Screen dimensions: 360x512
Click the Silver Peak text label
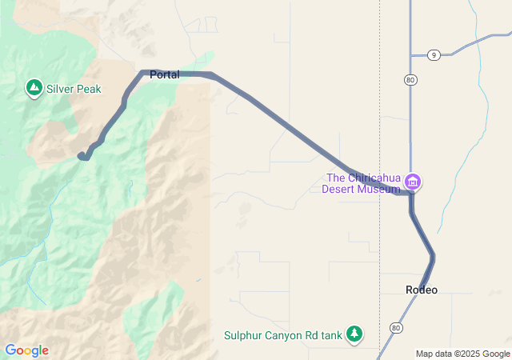point(74,89)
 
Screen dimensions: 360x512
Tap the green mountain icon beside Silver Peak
point(34,87)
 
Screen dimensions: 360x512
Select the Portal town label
point(164,74)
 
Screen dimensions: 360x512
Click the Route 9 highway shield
point(433,54)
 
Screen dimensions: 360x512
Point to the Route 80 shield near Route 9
point(410,80)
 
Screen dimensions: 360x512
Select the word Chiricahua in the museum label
point(372,178)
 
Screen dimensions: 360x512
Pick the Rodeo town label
point(422,290)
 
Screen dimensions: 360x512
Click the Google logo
point(26,350)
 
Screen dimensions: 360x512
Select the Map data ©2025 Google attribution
point(462,354)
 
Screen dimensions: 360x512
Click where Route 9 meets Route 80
point(410,55)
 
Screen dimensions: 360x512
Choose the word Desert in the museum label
point(339,190)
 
